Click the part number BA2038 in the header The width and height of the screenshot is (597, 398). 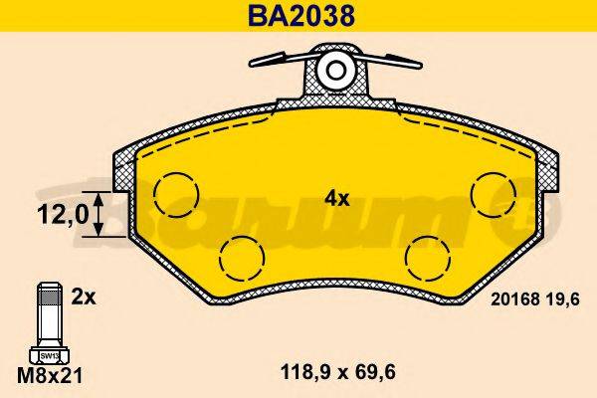297,16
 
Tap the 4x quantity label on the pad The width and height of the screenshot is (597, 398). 337,198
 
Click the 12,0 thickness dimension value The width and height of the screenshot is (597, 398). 58,214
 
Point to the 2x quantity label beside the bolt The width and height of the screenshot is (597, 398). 84,296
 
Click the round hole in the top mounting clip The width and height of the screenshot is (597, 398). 335,72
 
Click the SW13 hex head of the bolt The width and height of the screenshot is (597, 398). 47,354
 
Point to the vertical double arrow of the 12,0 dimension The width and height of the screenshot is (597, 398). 97,214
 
